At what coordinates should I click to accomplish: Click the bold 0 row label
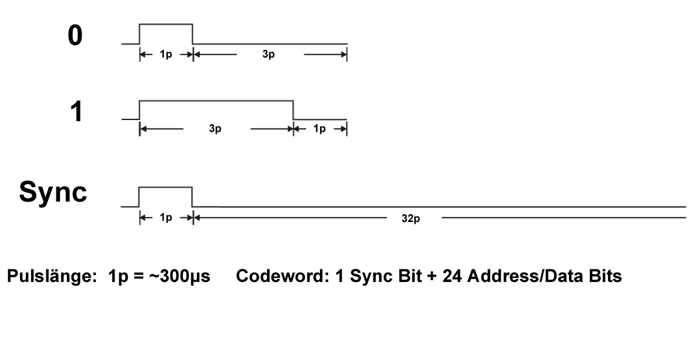point(75,36)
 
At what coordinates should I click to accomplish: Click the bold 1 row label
point(76,112)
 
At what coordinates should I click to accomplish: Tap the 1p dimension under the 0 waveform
point(166,55)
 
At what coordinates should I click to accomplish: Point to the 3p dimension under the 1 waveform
point(215,129)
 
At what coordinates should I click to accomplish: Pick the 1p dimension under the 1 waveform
point(319,129)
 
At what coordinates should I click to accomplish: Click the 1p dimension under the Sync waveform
point(166,217)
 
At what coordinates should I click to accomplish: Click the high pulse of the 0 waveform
point(166,25)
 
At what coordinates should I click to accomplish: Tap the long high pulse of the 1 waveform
point(216,101)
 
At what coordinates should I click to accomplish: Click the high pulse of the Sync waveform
point(166,187)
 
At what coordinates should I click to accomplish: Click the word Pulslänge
point(47,278)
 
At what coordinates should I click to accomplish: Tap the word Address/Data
point(514,278)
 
